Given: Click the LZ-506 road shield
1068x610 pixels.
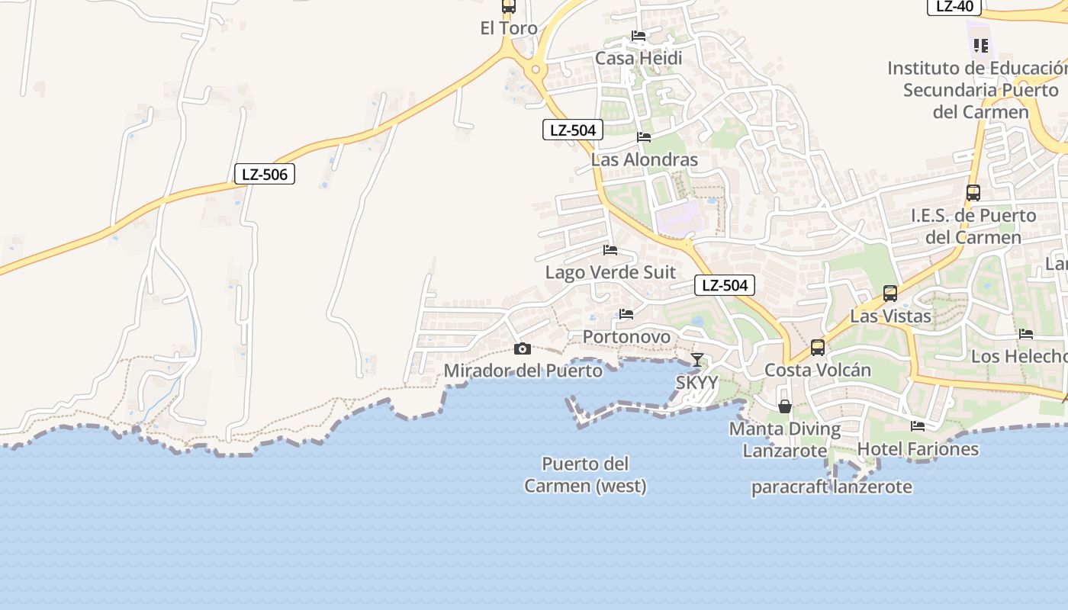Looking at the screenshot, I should tap(264, 175).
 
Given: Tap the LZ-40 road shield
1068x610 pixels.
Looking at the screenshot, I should tap(954, 6).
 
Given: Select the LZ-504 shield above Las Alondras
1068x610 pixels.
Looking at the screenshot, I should tap(573, 130).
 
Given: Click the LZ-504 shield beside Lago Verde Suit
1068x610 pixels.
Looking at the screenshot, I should tap(725, 286).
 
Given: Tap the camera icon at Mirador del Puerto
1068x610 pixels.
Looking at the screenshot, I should tap(523, 349).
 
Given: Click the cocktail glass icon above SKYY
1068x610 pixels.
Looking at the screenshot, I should tap(697, 359).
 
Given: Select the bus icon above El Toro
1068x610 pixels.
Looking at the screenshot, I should tap(509, 6).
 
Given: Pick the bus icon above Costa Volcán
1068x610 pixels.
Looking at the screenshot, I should tap(818, 348).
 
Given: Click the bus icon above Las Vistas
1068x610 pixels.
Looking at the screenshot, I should tap(890, 293).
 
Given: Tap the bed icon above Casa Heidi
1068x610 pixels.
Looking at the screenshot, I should tap(639, 36).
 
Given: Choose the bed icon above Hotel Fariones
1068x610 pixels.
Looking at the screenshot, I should tap(918, 426).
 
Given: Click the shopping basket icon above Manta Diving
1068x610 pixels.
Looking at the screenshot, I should tap(785, 406).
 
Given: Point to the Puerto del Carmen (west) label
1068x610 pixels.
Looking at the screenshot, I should tap(585, 474).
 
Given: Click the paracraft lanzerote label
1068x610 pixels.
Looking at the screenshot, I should tap(832, 487).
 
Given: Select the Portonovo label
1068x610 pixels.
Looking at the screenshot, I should tap(626, 336).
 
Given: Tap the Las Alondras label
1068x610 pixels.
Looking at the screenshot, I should tap(645, 159).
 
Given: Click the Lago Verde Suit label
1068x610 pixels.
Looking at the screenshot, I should tap(610, 272).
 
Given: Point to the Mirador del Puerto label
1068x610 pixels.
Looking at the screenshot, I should tap(523, 371).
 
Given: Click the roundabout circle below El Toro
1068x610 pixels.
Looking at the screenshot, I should tap(536, 70).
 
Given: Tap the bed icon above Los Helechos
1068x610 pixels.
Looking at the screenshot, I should tap(1026, 334).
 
